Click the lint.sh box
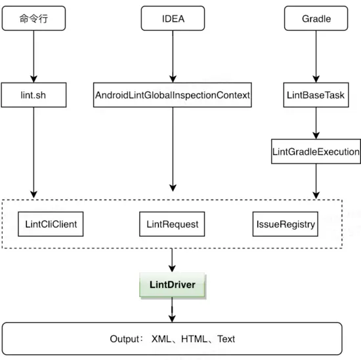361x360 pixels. coord(32,95)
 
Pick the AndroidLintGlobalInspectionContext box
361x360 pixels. coord(173,95)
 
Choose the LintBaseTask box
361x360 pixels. coord(316,95)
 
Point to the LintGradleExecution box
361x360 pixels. coord(316,151)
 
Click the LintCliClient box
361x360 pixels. coord(51,224)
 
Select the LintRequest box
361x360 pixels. coord(173,224)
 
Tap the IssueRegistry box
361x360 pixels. coord(286,224)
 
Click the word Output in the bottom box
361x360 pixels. coord(125,339)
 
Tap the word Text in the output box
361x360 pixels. coord(226,339)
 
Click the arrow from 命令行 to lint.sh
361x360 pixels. coord(32,56)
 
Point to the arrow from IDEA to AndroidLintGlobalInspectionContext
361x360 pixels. coord(173,56)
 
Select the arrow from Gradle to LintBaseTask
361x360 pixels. coord(316,56)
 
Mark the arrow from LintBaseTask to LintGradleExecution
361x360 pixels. coord(316,123)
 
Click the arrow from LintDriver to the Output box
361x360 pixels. coord(173,311)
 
